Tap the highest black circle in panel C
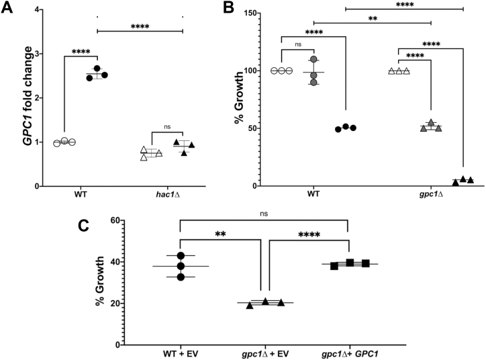(180, 256)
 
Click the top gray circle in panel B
(313, 60)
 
